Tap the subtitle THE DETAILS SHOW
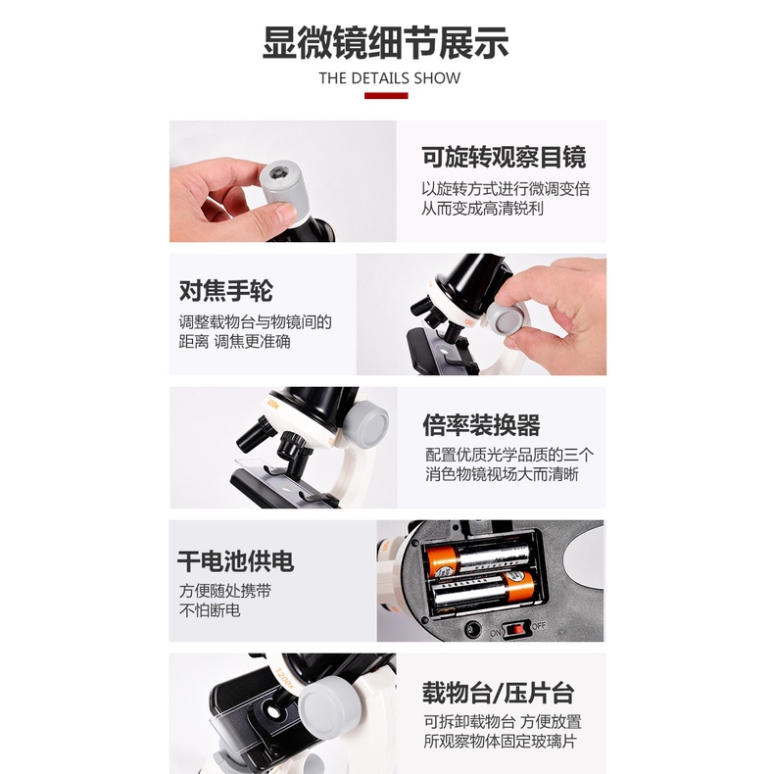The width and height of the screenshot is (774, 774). tap(389, 78)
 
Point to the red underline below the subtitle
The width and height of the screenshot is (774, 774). tap(386, 96)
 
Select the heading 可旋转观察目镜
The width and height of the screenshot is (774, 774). tap(504, 157)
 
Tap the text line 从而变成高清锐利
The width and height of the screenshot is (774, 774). tap(482, 209)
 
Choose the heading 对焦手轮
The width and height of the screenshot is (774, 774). tap(226, 291)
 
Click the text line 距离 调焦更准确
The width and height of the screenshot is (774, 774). tap(234, 342)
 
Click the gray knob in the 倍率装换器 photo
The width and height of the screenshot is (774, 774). tap(363, 423)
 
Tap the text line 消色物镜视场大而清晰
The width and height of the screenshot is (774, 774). tap(509, 476)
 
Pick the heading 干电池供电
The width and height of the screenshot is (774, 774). tap(235, 561)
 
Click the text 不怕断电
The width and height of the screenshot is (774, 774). tap(209, 610)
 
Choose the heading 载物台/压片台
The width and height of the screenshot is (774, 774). tap(498, 695)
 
